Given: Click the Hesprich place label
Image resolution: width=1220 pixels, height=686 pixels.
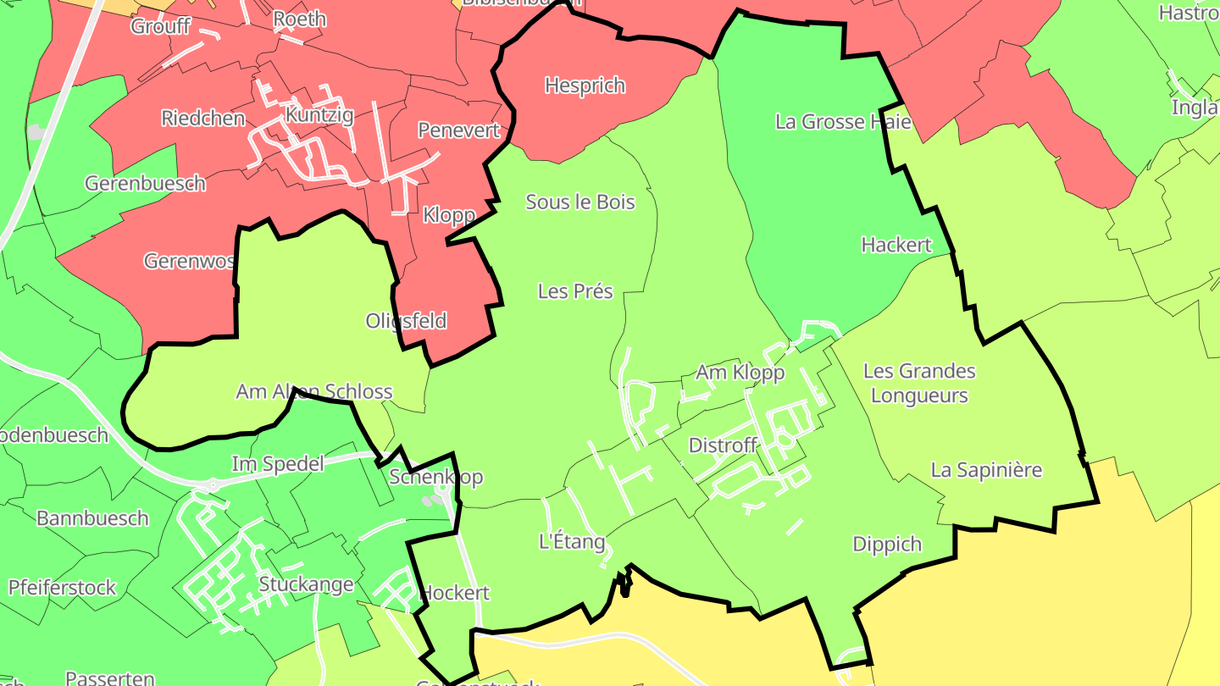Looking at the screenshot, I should coord(585,86).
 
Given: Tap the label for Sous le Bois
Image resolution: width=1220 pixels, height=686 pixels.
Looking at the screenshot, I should coord(580,202).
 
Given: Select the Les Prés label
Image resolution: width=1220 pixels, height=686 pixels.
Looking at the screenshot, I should coord(575,291).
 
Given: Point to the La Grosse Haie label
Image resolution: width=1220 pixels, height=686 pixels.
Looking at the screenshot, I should coord(843,122).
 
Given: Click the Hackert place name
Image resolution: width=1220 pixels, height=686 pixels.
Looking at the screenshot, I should coord(896,245).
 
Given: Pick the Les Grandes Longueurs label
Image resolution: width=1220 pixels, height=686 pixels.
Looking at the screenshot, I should coord(919,383).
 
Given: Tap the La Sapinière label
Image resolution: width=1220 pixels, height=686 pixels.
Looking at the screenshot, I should coord(986,470).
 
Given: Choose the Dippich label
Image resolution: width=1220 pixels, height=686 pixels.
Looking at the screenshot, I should coord(887,544).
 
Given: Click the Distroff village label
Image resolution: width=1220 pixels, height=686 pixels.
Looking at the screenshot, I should coord(723,445).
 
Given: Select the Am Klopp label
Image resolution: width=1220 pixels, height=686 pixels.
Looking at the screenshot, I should coord(740,373).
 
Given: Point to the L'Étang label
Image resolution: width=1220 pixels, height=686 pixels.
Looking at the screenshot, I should coord(572,542).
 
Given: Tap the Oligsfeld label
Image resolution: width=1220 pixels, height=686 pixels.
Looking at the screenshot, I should coord(406,322).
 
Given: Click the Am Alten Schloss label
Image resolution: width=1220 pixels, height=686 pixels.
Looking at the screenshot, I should coord(314,391).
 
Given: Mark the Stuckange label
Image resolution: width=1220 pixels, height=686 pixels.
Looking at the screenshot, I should coord(306,584).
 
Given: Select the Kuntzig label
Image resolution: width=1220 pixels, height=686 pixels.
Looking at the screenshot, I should coord(319,115).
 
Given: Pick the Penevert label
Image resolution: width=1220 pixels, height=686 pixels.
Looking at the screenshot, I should coord(459,130).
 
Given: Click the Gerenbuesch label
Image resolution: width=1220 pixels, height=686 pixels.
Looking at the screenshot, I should coord(145,183).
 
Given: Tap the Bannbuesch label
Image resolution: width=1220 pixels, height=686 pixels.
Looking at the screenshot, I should coord(92,518).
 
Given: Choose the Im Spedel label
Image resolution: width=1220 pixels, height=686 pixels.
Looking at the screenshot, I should coord(278,464).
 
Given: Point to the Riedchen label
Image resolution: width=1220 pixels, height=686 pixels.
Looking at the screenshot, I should coord(203,119).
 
